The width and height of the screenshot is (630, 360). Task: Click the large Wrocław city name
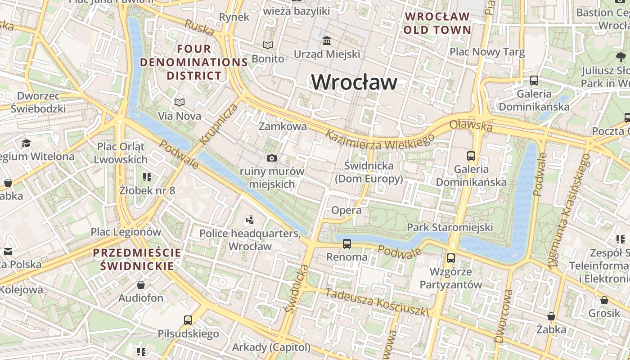tap(354, 82)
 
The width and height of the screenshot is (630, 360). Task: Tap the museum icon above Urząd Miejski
tap(327, 41)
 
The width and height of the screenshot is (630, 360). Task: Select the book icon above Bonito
tap(268, 45)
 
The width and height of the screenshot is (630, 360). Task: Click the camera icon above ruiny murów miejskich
tap(271, 158)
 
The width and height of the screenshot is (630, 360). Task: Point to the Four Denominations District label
tap(194, 62)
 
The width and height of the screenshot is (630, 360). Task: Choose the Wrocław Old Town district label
tap(437, 23)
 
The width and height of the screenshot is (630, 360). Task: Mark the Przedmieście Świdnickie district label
tap(137, 259)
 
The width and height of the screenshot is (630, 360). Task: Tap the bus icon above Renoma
tap(346, 244)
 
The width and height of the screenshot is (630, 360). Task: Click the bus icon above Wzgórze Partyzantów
tap(450, 258)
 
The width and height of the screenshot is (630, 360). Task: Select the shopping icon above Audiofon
tap(141, 285)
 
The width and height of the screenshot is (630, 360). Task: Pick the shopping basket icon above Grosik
tap(604, 300)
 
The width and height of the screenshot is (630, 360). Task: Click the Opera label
tap(346, 210)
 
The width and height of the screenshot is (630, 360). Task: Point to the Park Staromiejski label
tap(450, 227)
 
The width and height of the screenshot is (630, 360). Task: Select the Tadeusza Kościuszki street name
tap(377, 302)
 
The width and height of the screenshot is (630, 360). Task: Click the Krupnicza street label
tap(219, 124)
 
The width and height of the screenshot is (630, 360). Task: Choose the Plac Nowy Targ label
tap(487, 52)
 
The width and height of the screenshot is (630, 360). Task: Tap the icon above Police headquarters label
tap(250, 220)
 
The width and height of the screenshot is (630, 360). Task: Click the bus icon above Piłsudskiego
tap(188, 320)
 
